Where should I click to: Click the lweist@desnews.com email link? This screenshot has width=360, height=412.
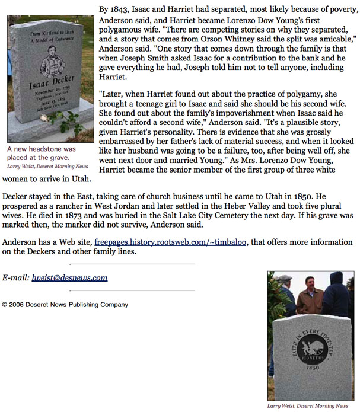[69, 277]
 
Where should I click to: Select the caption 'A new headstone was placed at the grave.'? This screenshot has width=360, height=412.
[41, 154]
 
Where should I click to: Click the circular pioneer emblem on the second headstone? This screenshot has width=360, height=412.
[309, 347]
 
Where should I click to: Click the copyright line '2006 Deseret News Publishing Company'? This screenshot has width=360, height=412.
[65, 305]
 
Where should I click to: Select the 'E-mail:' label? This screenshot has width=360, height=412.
[16, 277]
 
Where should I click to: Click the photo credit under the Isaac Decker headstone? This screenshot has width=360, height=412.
[47, 167]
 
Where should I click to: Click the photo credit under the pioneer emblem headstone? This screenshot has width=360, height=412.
[308, 406]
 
